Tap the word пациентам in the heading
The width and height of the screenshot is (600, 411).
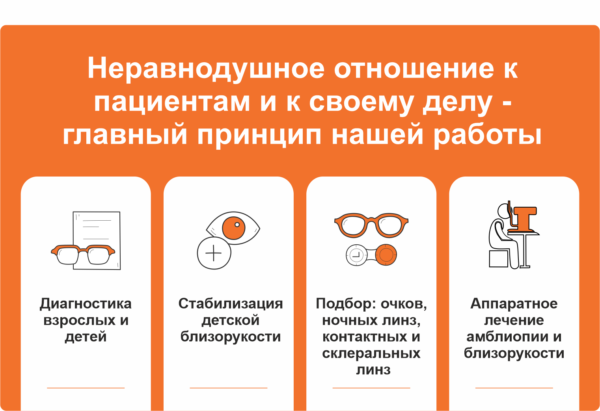pos(172,102)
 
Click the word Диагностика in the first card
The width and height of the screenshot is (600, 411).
pos(86,304)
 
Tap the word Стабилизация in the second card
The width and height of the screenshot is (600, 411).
pos(231,304)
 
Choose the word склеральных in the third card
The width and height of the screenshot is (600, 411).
pos(371,353)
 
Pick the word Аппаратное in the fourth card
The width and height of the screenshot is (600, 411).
pos(514,304)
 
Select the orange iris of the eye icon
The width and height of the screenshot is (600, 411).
pos(233,228)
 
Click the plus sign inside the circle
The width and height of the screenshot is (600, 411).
pos(214,253)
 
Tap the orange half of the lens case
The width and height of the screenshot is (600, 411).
pos(386,255)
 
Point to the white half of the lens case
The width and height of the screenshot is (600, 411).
pos(356,255)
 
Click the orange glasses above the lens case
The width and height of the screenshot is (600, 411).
pos(371,225)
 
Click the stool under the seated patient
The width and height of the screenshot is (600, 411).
pos(498,259)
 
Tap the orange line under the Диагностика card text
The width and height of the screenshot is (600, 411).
pos(86,388)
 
